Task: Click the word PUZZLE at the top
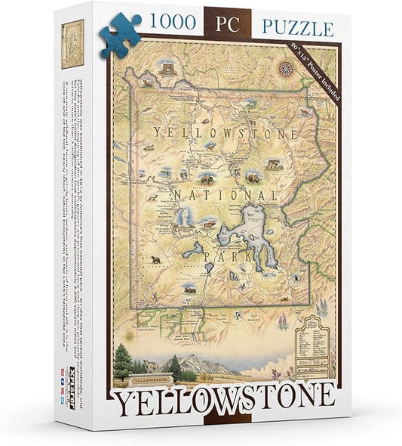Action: (297, 29)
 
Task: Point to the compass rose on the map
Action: (287, 69)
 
